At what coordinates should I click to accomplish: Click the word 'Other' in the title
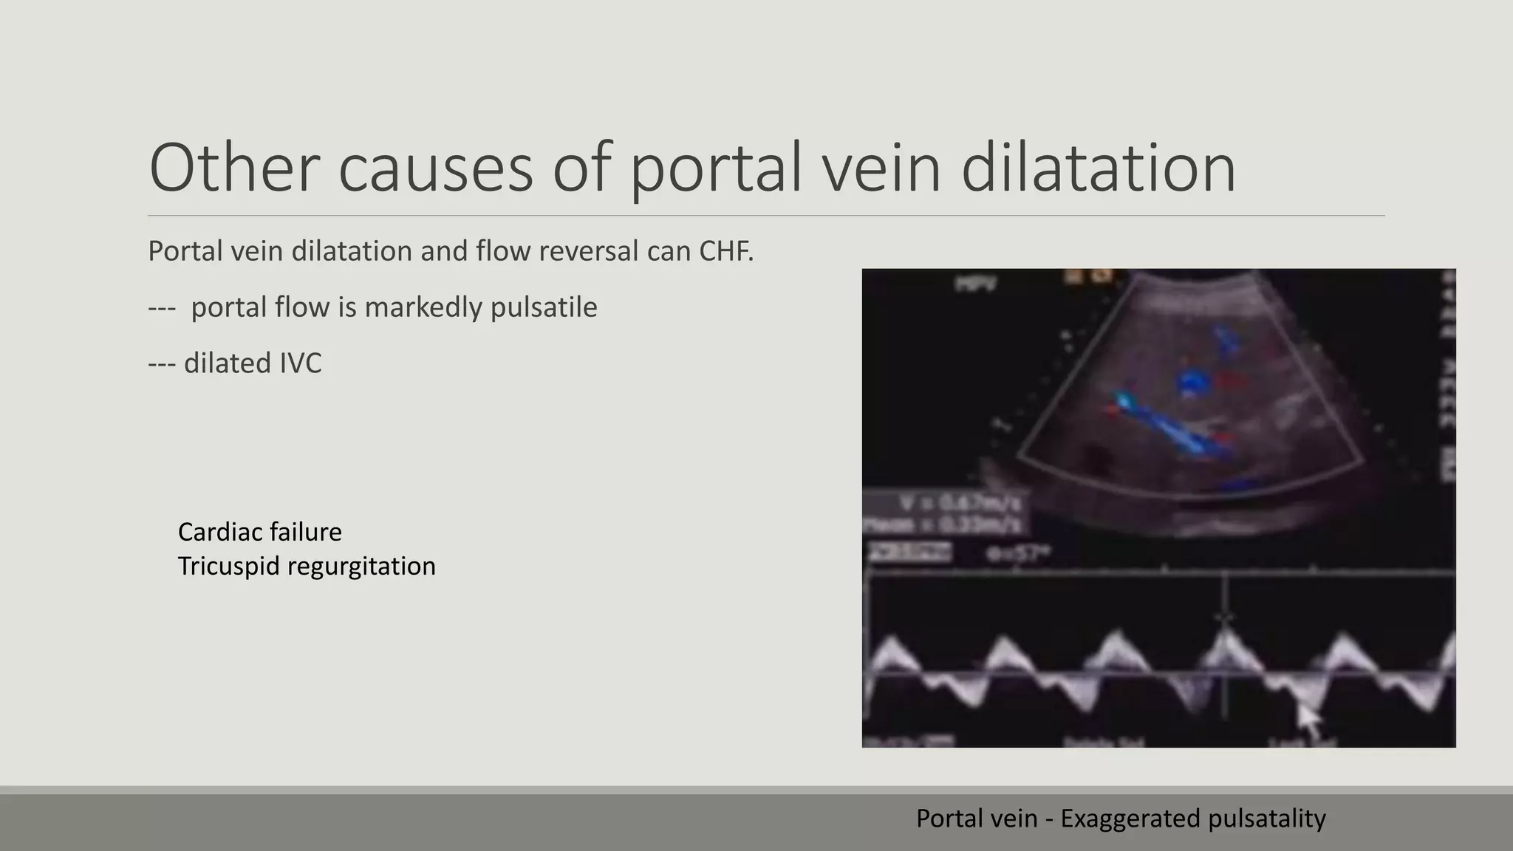tap(233, 168)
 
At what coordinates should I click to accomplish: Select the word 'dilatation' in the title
tap(1099, 168)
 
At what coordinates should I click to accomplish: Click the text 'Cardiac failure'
tap(260, 532)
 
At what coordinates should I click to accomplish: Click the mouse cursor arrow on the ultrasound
tap(1308, 720)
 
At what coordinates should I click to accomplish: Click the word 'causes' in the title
tap(435, 168)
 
